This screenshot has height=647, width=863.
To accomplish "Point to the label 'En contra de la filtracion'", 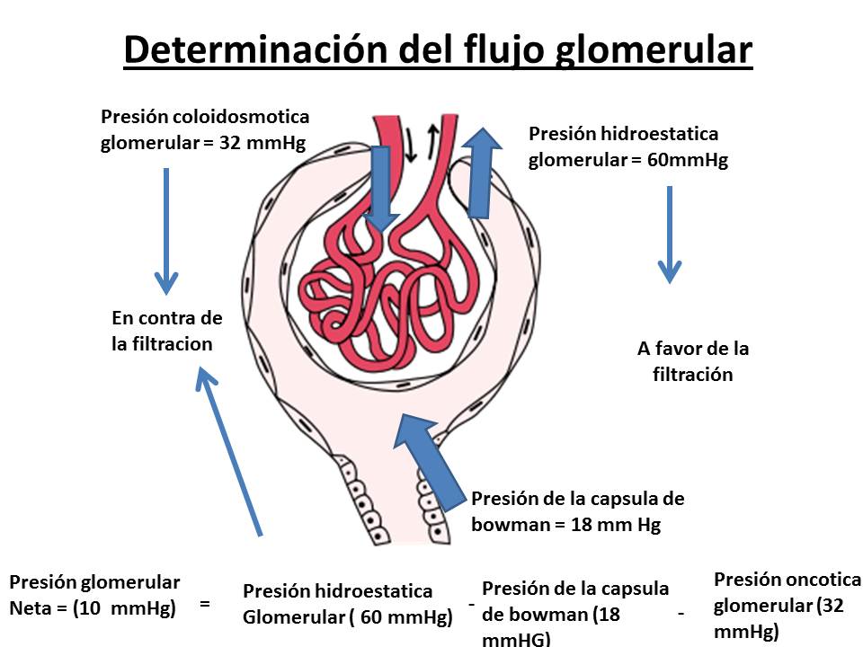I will pos(166,331).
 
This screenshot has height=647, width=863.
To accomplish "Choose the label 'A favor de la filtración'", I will pos(692,361).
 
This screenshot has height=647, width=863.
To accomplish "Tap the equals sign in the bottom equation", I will pos(205,604).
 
